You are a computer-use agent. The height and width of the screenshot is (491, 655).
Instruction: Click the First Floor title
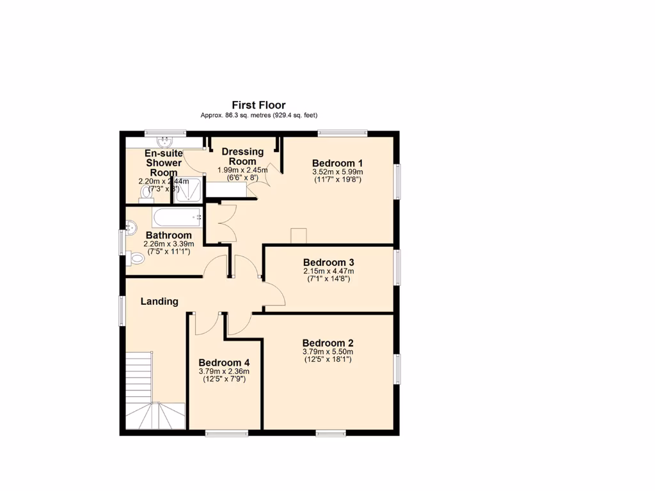(258, 105)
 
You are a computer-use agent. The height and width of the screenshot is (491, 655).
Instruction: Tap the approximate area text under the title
(258, 116)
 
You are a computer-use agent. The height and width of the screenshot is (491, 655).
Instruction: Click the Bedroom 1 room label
(337, 162)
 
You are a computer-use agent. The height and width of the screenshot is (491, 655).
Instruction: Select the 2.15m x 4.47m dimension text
(329, 271)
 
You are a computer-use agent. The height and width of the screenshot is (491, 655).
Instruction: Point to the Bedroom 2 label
(327, 342)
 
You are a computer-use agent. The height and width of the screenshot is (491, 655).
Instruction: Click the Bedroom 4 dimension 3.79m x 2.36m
(224, 371)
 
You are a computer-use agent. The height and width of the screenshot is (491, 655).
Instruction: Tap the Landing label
(159, 301)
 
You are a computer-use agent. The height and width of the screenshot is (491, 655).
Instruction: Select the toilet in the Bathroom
(136, 258)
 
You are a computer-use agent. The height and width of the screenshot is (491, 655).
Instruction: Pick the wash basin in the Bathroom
(131, 227)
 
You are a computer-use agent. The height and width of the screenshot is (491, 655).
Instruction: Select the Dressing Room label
(242, 157)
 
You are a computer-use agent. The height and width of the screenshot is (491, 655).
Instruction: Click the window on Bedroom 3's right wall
(397, 267)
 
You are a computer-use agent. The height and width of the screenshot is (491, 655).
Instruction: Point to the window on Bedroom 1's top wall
(342, 134)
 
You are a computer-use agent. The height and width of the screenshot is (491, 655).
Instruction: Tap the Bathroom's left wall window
(122, 242)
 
